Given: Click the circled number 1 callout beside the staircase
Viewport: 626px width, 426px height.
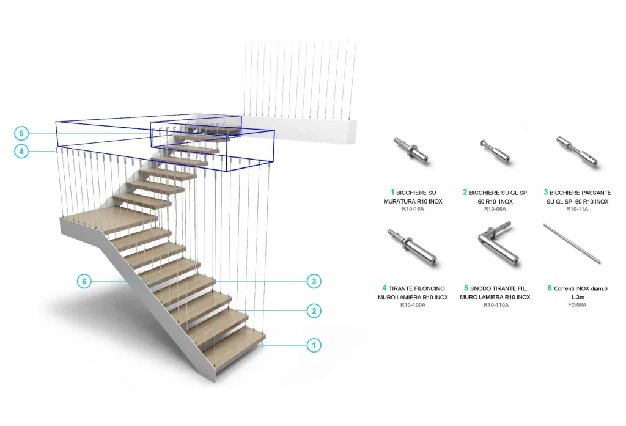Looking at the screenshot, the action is [x=314, y=345].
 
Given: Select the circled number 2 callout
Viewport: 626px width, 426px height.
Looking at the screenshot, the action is [x=314, y=311].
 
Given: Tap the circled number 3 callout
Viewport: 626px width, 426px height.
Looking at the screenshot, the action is [x=314, y=282].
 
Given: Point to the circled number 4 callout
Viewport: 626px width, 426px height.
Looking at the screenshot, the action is [x=21, y=152].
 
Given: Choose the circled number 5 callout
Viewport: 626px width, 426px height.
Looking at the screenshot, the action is [x=21, y=133].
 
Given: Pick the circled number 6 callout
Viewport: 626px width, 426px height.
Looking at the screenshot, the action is [x=84, y=282].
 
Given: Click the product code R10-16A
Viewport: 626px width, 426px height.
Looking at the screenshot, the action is [x=413, y=209].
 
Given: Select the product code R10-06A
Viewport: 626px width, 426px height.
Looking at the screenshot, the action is [x=495, y=209].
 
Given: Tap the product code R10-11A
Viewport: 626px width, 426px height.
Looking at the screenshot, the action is [x=577, y=209].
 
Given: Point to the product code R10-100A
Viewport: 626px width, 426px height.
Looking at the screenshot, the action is [x=413, y=305].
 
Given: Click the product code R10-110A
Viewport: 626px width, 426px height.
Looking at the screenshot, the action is [x=496, y=305].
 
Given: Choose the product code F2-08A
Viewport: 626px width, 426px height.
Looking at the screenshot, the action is [x=577, y=305].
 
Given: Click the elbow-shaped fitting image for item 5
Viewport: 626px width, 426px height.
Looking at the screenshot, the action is [x=496, y=244].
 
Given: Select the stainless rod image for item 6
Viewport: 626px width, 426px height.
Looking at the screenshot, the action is [x=572, y=243].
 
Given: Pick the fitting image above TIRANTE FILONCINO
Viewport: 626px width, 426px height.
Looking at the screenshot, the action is [x=413, y=246].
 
